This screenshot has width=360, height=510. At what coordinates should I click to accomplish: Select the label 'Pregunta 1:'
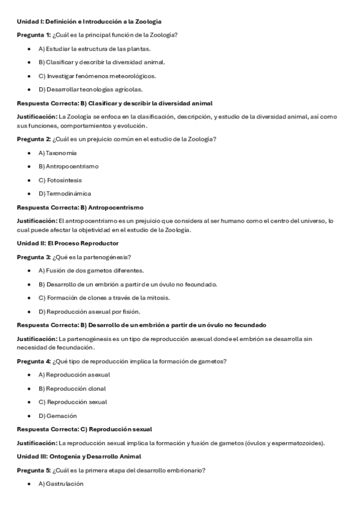(x=34, y=35)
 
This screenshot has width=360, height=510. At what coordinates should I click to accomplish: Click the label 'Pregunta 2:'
(x=34, y=140)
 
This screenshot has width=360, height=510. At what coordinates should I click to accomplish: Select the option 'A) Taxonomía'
(x=57, y=153)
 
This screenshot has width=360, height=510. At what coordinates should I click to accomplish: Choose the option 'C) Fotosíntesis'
(x=60, y=180)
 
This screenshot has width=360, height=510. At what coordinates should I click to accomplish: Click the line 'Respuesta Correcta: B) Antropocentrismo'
(x=80, y=207)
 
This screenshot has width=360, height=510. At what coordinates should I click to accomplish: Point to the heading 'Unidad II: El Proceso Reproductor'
(x=67, y=244)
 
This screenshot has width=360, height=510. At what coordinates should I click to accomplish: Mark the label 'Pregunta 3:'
(x=34, y=257)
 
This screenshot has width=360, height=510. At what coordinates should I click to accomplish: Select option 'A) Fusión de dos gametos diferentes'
(x=91, y=271)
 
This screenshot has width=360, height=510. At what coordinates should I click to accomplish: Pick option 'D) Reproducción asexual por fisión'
(x=89, y=312)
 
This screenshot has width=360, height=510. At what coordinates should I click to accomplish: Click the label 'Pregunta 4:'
(x=34, y=361)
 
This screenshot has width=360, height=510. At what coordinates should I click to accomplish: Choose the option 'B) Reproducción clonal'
(x=72, y=389)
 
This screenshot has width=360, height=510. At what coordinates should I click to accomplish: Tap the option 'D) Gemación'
(x=58, y=416)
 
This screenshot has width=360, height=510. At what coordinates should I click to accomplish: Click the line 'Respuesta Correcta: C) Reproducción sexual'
(x=84, y=429)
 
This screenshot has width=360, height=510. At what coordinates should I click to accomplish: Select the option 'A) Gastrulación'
(x=61, y=484)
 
